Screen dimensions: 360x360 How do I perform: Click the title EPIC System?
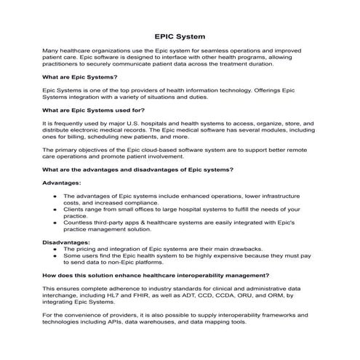[180, 35]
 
